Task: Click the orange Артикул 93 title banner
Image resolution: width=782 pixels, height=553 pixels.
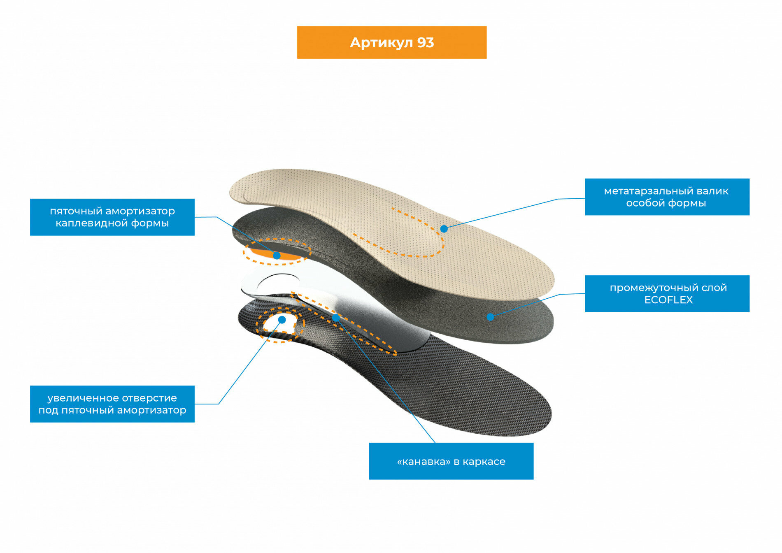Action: [391, 42]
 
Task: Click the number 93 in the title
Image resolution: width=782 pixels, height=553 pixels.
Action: [426, 43]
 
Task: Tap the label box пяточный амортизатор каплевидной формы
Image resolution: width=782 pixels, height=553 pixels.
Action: [112, 217]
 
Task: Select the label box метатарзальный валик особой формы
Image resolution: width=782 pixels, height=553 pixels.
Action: [667, 197]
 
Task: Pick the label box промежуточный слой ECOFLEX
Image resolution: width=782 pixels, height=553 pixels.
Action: [667, 293]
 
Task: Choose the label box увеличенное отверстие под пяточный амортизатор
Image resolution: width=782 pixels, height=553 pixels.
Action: [112, 404]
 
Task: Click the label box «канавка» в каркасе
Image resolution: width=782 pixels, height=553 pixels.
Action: [451, 461]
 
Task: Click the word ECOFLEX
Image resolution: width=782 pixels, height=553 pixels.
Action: [668, 300]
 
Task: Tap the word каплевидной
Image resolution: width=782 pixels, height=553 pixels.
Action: [92, 223]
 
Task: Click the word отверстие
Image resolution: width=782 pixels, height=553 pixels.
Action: [153, 398]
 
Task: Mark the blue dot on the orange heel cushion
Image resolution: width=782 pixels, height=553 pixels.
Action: [277, 256]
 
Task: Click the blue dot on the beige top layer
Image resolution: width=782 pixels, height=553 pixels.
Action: [444, 229]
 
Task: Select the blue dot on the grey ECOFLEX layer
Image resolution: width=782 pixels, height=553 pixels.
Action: [490, 317]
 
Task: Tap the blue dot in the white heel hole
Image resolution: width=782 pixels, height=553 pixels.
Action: [282, 320]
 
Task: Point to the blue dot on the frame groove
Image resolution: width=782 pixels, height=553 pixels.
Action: [336, 318]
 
